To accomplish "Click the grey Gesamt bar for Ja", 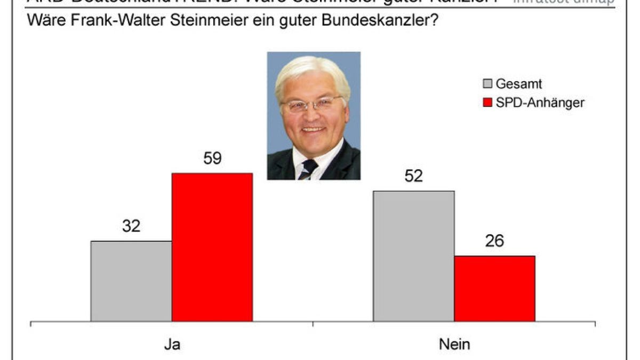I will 131,281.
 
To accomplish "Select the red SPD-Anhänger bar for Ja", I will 212,247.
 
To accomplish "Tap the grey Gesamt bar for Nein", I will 414,256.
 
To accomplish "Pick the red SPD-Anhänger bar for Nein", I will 494,289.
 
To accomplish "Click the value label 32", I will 131,226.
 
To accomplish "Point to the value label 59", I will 212,158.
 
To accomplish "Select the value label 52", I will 414,176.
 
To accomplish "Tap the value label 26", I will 494,241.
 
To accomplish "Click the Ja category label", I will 172,344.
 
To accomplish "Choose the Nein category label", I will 454,344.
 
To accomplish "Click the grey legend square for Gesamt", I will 487,84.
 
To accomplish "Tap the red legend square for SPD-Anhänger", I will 487,102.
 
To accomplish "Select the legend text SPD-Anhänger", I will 540,102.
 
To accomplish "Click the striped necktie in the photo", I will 308,169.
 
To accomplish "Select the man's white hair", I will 312,72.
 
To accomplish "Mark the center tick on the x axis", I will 313,324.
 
